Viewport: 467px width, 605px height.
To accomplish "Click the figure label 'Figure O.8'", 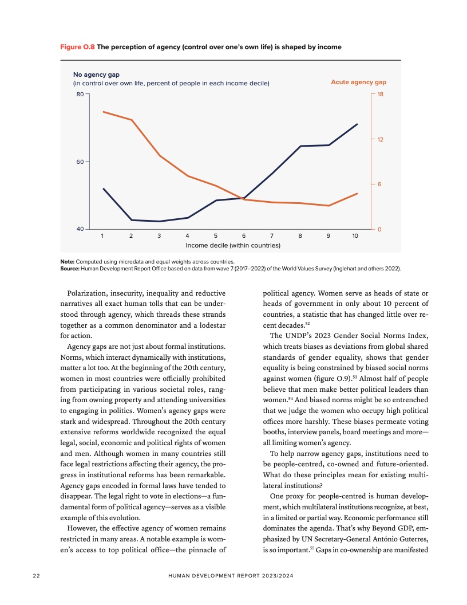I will click(77, 47).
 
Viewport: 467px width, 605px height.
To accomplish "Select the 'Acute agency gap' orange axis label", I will click(358, 82).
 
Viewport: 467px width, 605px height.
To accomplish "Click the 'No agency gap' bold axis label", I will click(92, 74).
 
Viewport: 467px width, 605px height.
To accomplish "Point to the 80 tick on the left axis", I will click(80, 94).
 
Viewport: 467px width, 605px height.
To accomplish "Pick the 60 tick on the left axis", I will click(80, 162).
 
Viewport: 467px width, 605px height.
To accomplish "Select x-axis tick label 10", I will click(355, 235).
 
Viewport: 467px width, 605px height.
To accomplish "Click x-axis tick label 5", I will click(215, 235).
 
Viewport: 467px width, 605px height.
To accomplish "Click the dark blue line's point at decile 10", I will click(357, 124).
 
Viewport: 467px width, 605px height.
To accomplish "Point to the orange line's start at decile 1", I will click(103, 112).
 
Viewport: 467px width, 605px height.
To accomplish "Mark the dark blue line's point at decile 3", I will click(159, 221).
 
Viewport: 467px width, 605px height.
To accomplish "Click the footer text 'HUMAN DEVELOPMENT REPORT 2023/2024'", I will click(233, 573).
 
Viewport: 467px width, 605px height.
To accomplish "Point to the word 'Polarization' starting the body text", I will click(88, 294).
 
